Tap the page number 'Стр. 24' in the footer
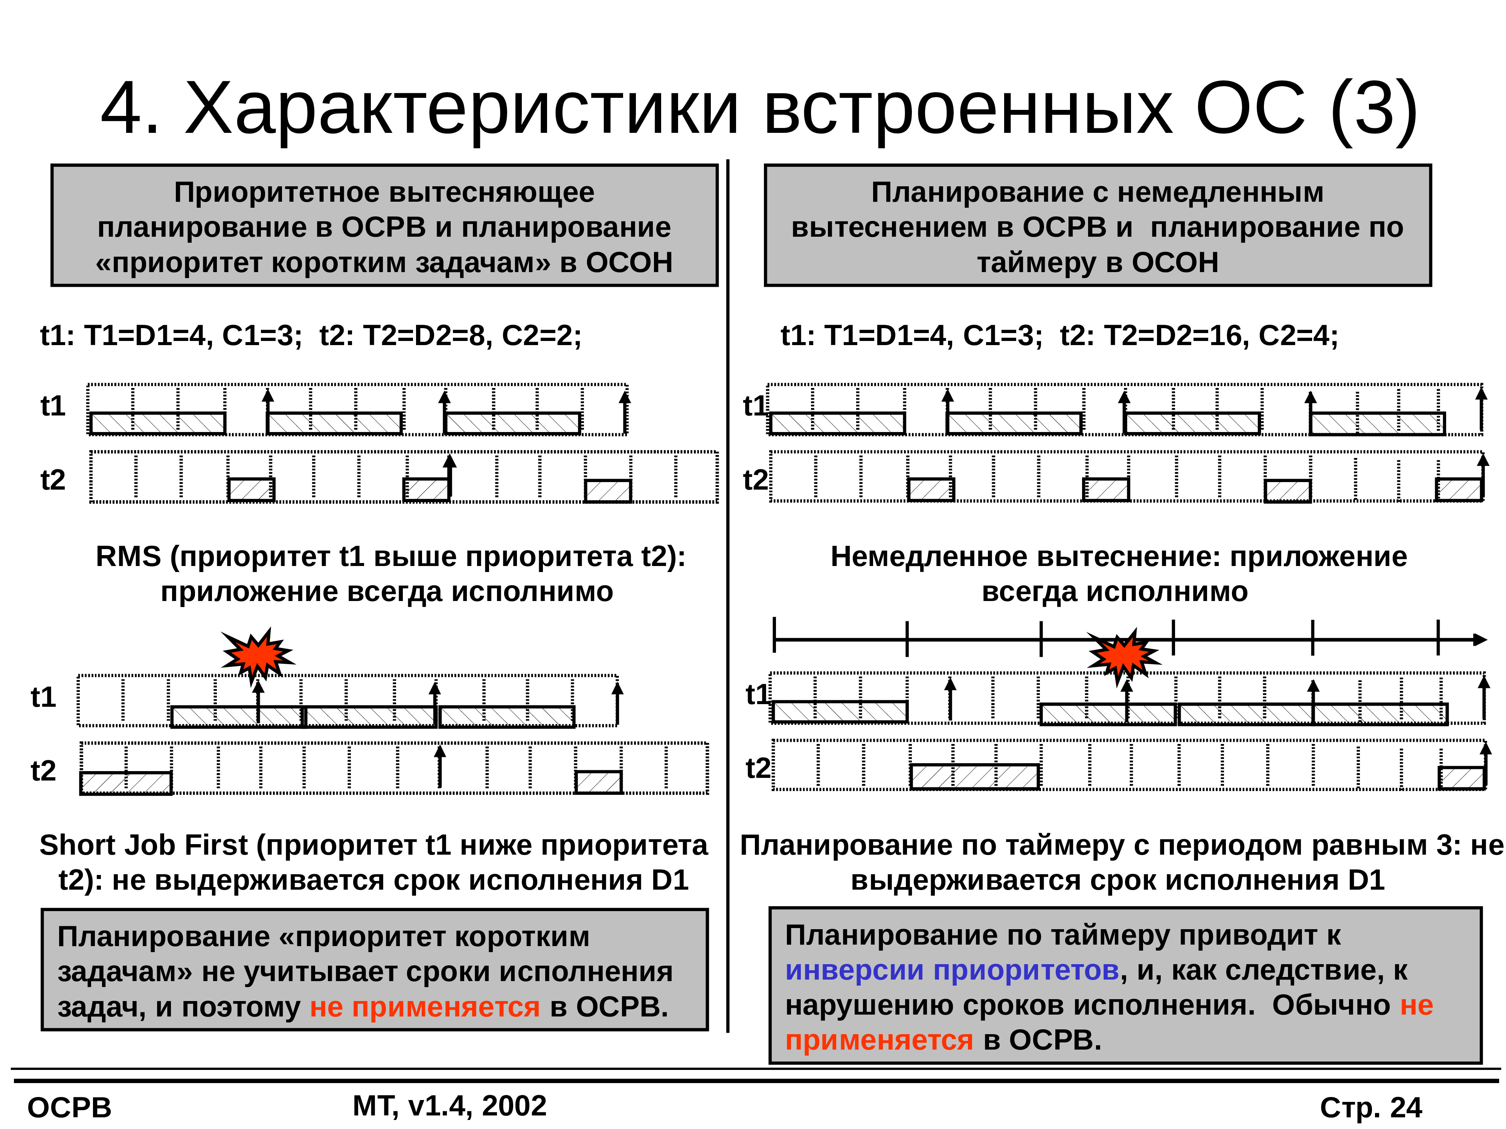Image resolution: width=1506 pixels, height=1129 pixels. click(x=1370, y=1107)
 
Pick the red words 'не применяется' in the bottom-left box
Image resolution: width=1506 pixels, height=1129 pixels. click(x=425, y=1007)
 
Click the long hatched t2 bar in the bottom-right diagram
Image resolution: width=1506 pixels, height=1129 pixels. click(x=974, y=776)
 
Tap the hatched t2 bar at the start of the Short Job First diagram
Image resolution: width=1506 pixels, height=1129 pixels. click(x=126, y=783)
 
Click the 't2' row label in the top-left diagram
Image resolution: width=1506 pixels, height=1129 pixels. click(x=52, y=480)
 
